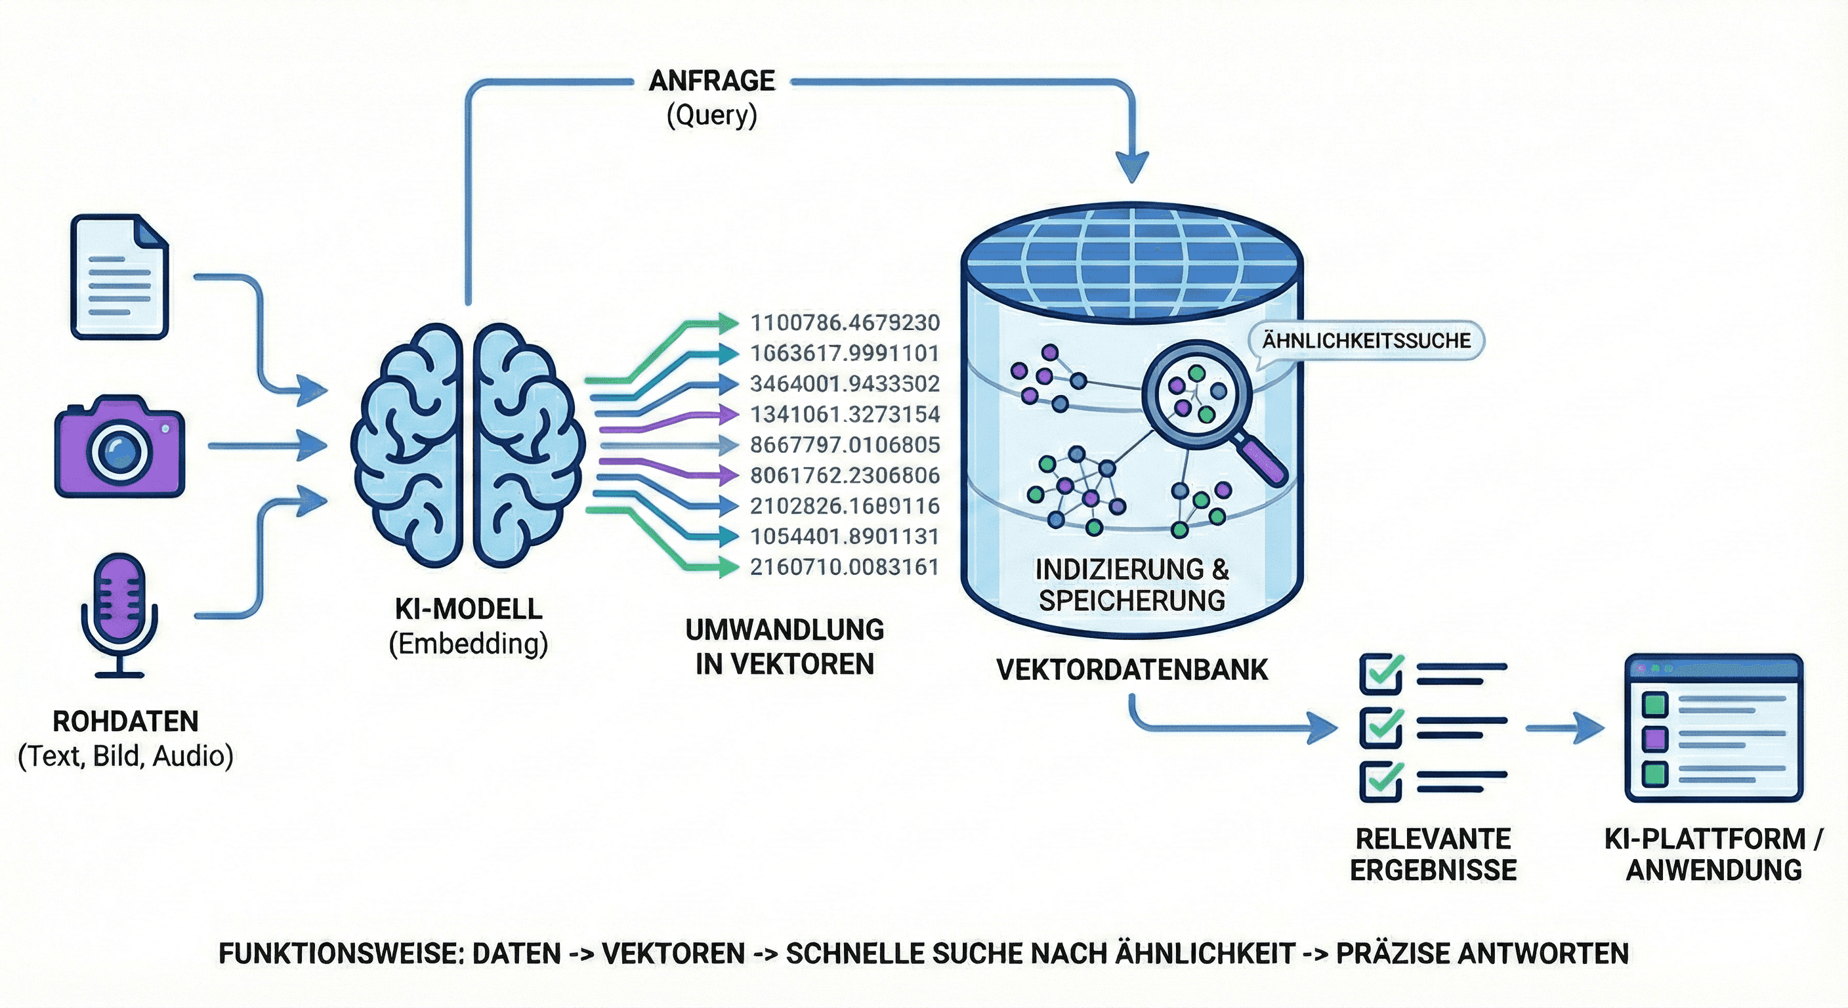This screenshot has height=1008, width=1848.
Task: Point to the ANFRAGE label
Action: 711,81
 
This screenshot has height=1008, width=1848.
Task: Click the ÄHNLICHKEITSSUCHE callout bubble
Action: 1366,340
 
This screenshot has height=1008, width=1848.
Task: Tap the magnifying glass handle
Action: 1262,460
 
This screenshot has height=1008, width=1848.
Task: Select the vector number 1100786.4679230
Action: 845,323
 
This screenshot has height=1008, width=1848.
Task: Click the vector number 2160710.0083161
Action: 845,568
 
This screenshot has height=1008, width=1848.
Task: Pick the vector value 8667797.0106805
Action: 845,445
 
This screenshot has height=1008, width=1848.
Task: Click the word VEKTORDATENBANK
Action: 1132,670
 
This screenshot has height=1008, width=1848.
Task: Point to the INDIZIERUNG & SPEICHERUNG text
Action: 1132,585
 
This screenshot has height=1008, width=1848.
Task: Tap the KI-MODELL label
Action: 469,609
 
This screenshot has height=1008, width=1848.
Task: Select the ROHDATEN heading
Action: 125,722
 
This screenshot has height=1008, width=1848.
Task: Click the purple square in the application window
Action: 1655,738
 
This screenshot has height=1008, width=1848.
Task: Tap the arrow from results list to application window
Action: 1564,728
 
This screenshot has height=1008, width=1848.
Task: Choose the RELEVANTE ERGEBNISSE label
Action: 1433,854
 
